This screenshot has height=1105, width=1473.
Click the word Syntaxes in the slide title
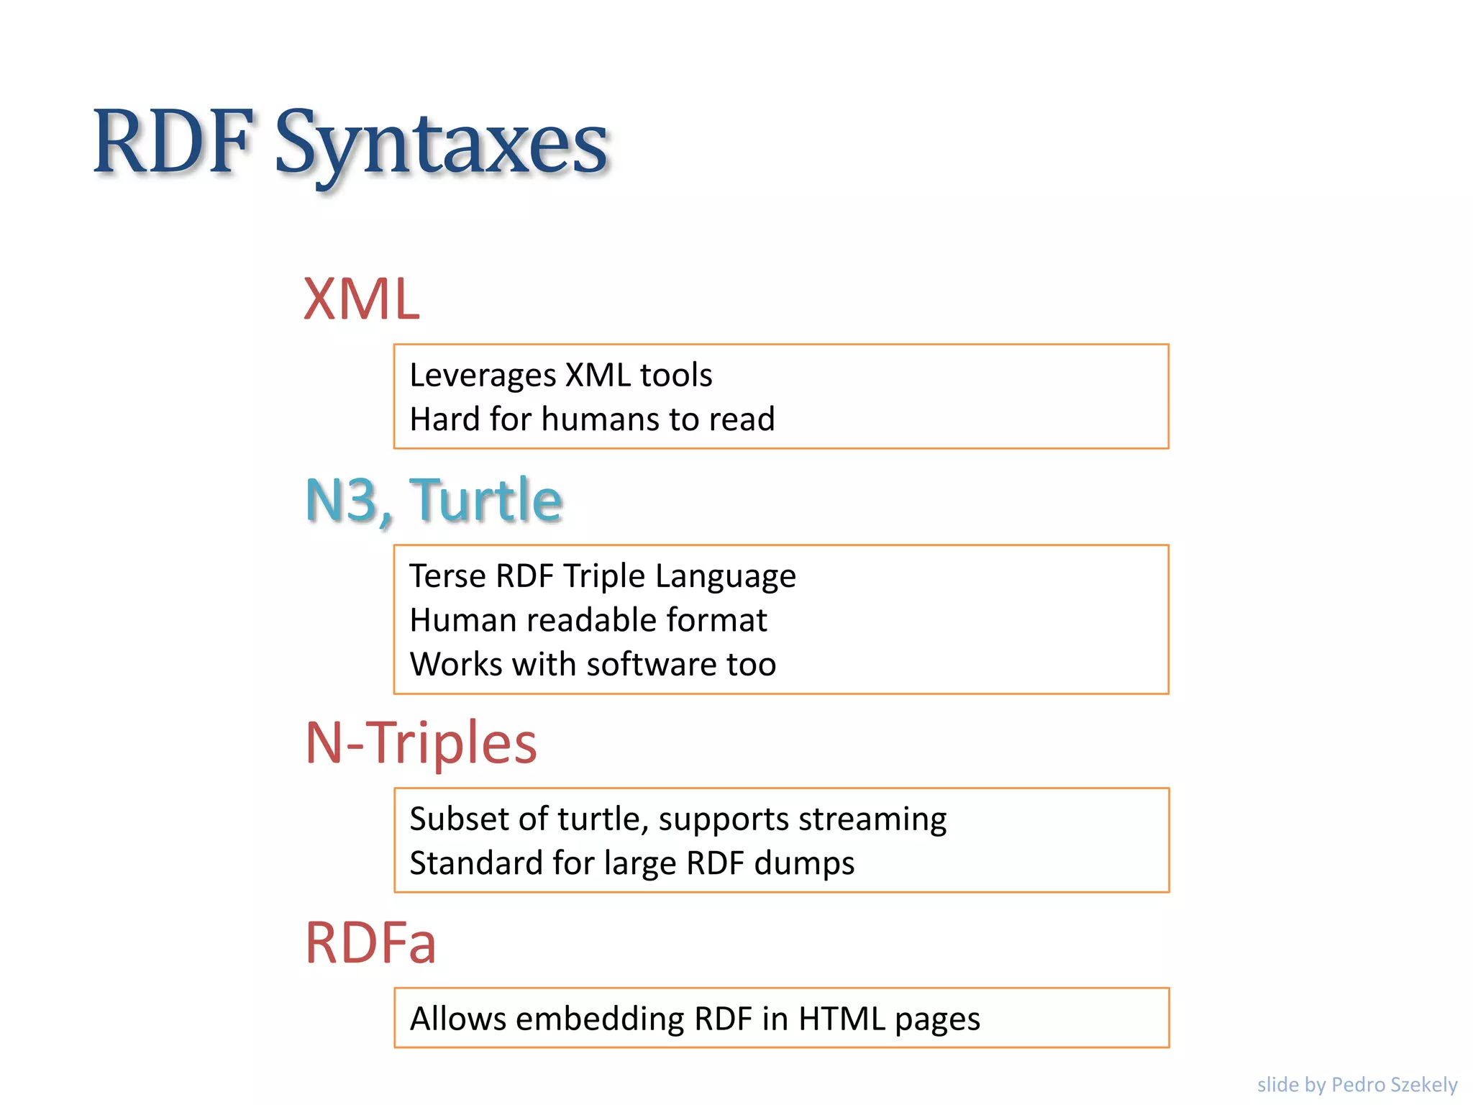point(442,144)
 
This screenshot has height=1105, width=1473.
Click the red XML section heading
point(361,299)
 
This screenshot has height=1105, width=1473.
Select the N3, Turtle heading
point(434,500)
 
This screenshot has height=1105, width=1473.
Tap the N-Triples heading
point(421,742)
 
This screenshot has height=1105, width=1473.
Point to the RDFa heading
point(370,942)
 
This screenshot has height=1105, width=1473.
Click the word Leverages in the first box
point(483,376)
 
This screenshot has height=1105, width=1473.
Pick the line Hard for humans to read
point(592,419)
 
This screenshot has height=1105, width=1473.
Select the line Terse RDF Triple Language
point(603,576)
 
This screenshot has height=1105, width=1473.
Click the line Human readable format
point(588,620)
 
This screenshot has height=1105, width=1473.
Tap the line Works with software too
point(593,664)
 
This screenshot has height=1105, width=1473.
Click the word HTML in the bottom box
point(842,1019)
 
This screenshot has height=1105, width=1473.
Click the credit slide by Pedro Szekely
point(1356,1084)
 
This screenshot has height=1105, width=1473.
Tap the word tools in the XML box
point(676,376)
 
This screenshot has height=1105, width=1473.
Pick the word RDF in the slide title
point(173,142)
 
